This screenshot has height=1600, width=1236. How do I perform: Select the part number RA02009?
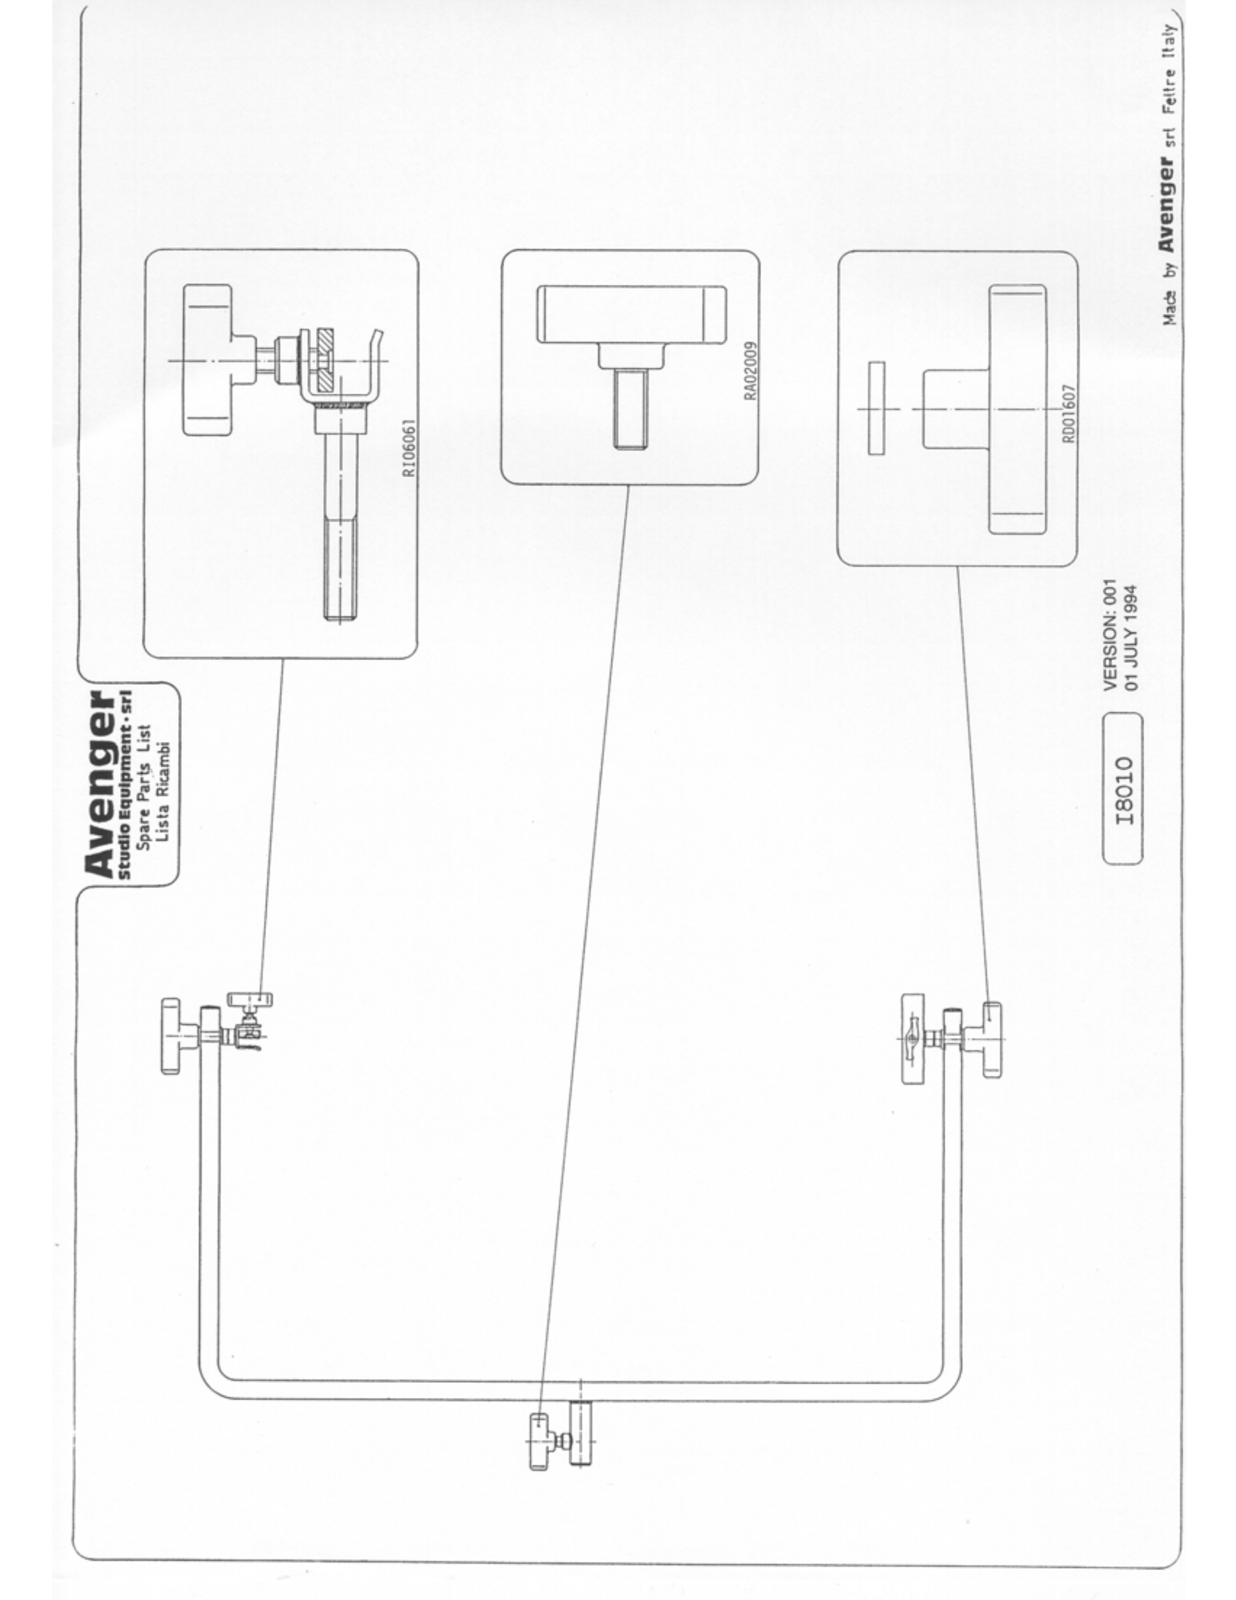pyautogui.click(x=751, y=371)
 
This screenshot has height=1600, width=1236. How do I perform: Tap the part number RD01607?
pyautogui.click(x=1069, y=414)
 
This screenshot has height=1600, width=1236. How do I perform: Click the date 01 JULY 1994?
pyautogui.click(x=1131, y=637)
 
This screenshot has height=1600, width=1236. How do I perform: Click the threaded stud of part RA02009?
pyautogui.click(x=630, y=408)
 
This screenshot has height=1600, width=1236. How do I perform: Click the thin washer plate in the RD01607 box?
pyautogui.click(x=876, y=408)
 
